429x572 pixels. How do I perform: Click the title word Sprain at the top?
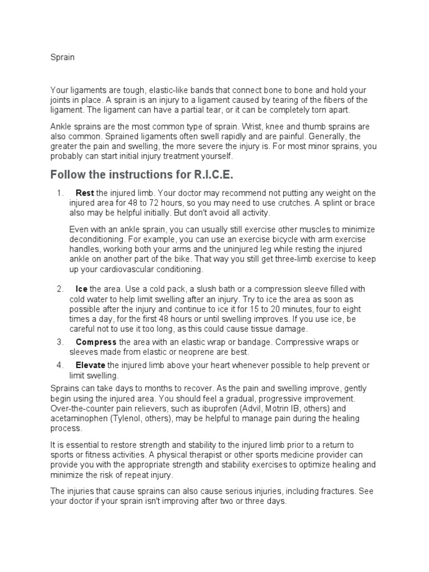tap(63, 57)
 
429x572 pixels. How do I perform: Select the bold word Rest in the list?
tap(84, 193)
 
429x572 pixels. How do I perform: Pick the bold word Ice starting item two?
tap(82, 289)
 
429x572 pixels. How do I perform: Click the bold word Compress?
tap(96, 342)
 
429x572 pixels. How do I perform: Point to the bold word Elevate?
tap(90, 365)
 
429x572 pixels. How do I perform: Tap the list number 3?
tap(59, 342)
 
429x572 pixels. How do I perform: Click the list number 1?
tap(59, 193)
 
